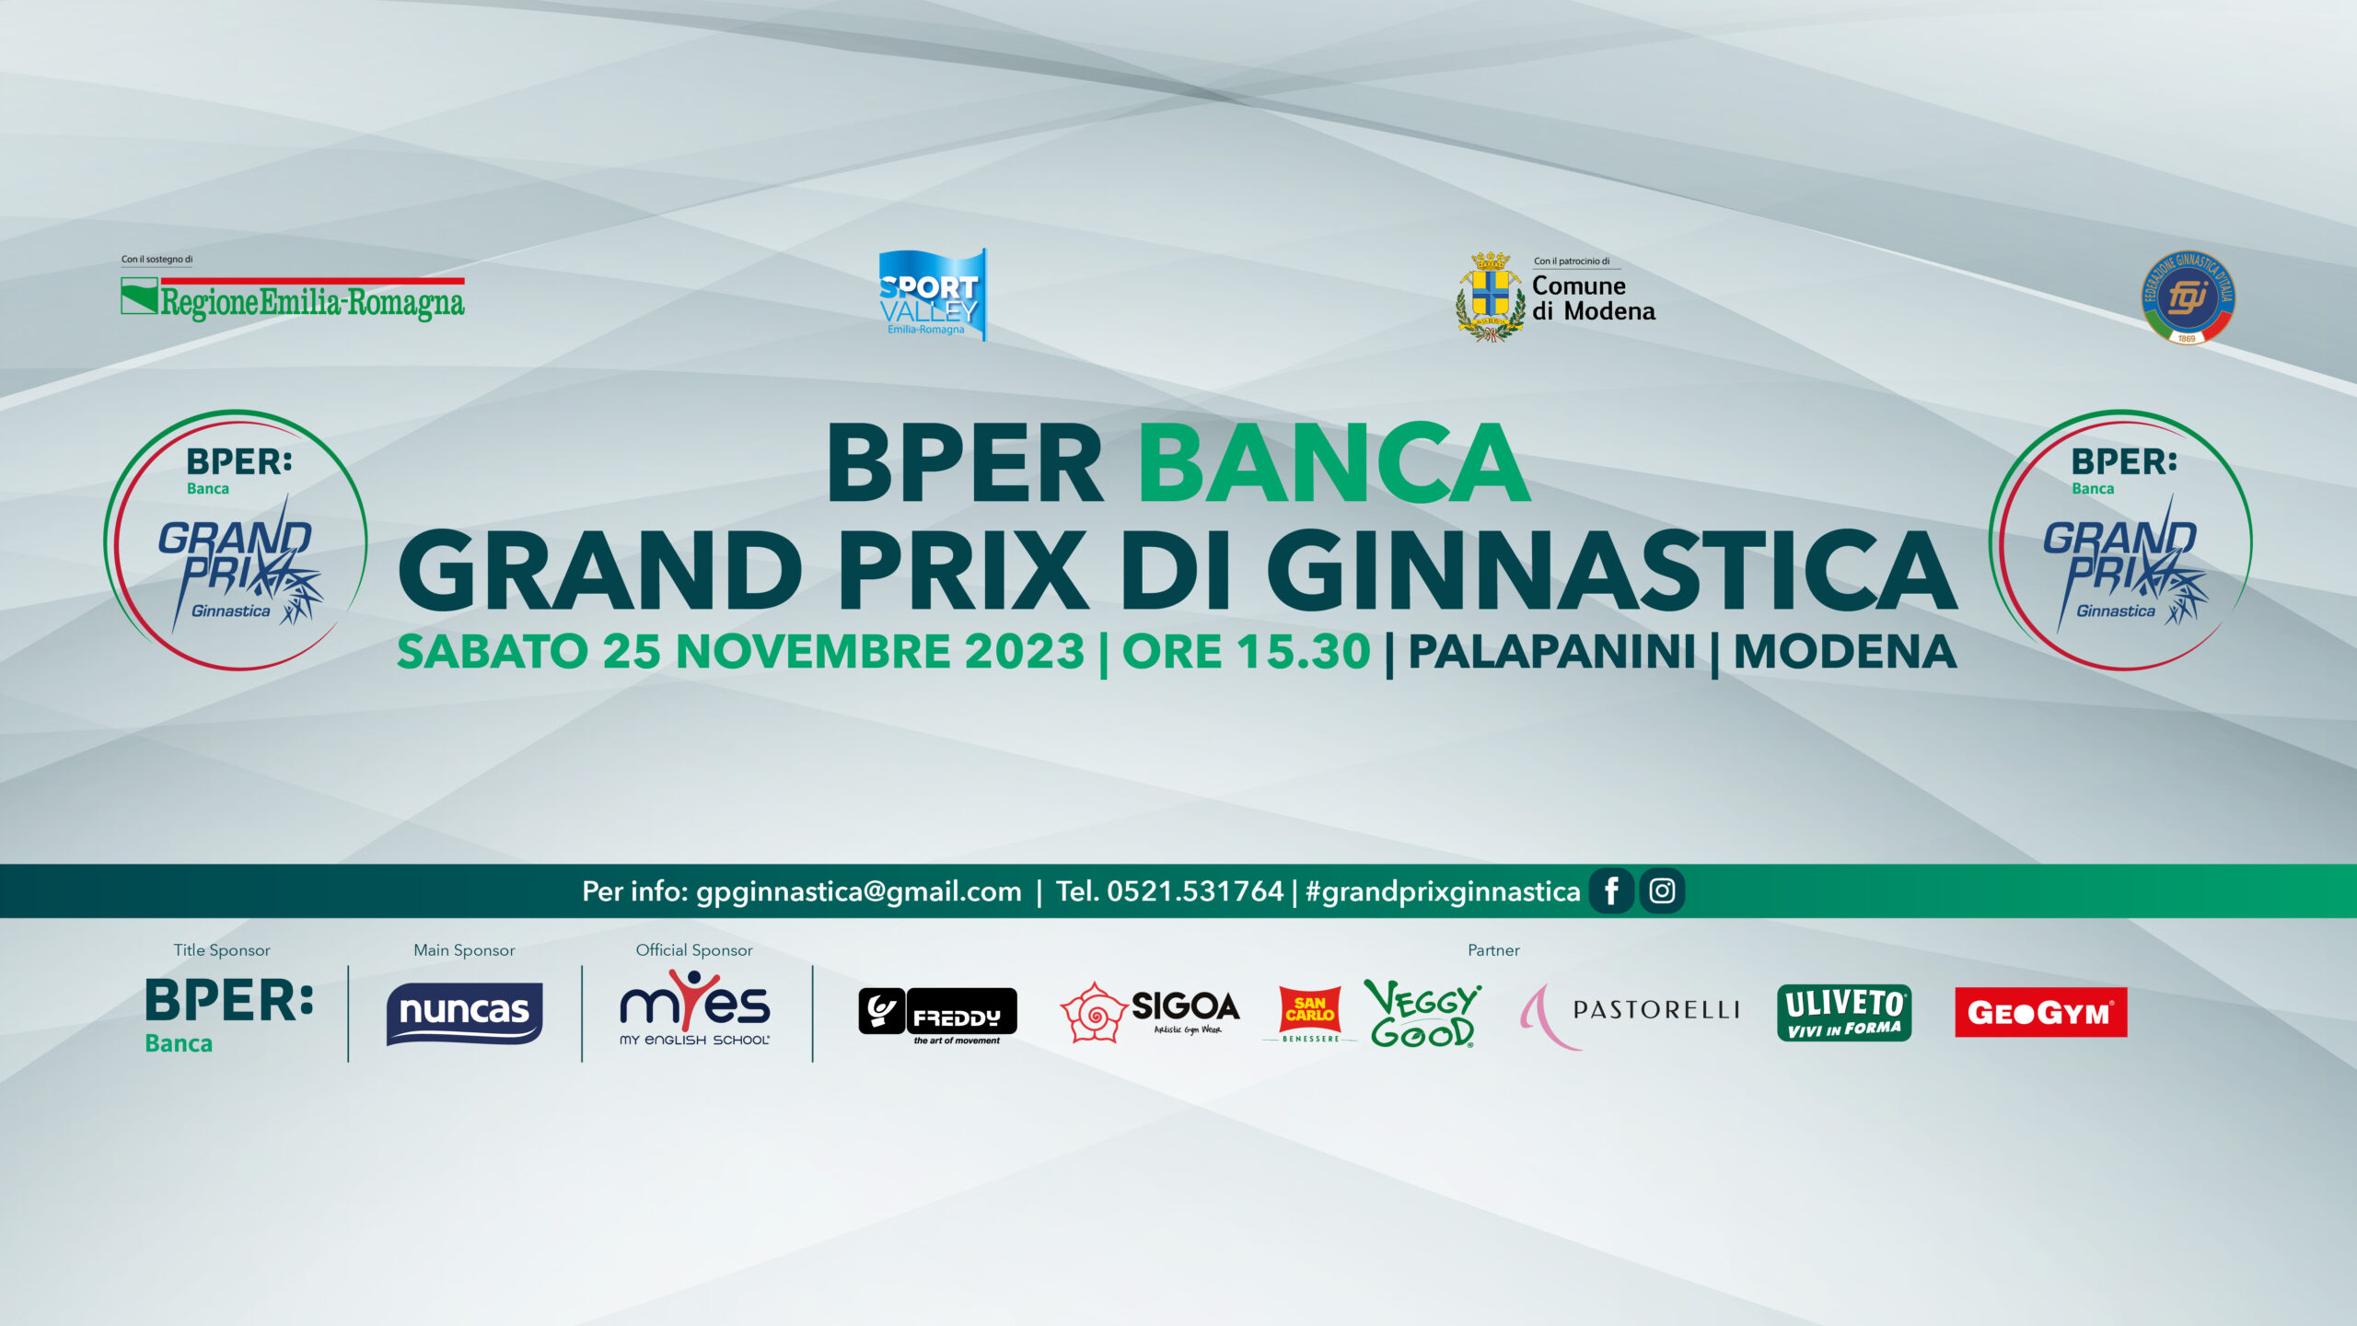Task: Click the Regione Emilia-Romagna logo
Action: (x=293, y=297)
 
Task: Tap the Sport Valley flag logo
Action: (x=932, y=294)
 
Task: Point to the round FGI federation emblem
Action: (x=2188, y=297)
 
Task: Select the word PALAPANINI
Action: (x=1551, y=652)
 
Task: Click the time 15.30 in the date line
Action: (x=1303, y=652)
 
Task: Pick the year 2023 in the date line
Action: (x=1025, y=652)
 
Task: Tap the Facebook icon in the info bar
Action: (x=1611, y=891)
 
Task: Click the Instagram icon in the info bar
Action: (x=1662, y=891)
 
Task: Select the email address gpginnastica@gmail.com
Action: (x=859, y=892)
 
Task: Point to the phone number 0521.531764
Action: (x=1195, y=891)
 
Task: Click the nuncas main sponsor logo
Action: (x=464, y=1013)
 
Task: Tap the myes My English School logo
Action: (x=695, y=1008)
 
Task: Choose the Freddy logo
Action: (x=937, y=1016)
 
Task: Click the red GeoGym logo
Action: (x=2041, y=1013)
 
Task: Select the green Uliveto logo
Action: (x=1844, y=1013)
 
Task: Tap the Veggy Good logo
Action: (x=1422, y=1013)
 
